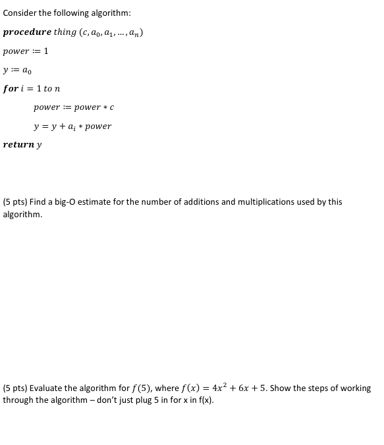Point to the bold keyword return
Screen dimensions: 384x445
click(18, 145)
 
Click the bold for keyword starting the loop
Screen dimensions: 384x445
click(10, 89)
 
